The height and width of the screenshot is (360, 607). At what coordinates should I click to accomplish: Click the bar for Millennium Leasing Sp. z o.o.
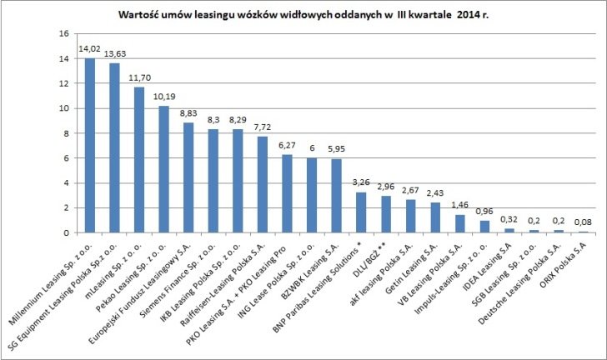point(90,146)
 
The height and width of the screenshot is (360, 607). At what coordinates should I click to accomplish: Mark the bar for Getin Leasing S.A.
point(434,217)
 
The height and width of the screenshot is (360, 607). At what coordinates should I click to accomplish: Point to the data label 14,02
point(89,49)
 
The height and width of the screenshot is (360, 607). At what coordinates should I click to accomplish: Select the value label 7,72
point(262,127)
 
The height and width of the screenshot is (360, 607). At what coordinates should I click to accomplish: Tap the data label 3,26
point(361,182)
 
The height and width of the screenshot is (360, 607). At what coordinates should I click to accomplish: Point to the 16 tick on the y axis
point(63,34)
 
